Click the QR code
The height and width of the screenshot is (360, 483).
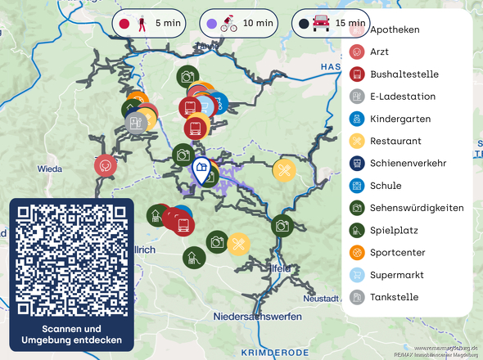point(71,260)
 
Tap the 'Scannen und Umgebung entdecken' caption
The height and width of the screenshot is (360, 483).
point(71,334)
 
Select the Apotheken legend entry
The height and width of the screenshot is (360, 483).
point(395,29)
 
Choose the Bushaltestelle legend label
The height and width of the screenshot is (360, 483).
point(404,74)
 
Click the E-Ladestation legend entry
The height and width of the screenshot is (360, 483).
point(403,97)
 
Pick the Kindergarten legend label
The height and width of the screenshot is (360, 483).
point(400,119)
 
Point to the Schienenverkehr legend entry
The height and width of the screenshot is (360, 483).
point(408,164)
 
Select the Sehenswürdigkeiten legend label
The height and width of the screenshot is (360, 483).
point(417,208)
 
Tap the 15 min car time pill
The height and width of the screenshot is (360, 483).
point(329,24)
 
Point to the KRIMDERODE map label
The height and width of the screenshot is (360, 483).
point(275,352)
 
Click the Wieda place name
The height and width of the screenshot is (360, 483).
point(49,169)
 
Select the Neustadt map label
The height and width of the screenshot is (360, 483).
point(321,299)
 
